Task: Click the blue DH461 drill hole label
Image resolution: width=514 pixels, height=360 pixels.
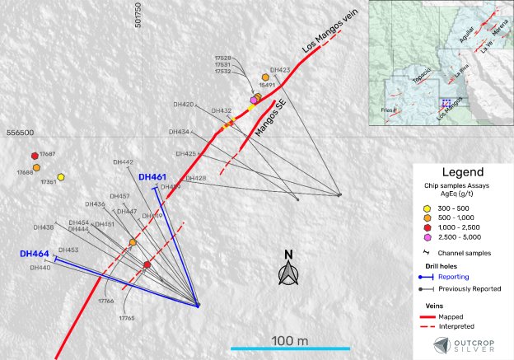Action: [152, 177]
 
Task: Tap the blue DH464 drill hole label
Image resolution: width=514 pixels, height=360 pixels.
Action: [35, 254]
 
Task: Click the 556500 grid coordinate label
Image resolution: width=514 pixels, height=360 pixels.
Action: [21, 133]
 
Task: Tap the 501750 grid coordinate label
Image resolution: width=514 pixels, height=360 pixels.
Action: [138, 17]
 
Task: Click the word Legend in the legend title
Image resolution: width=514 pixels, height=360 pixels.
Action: [461, 173]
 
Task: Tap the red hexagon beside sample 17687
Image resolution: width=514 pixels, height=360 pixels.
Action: [35, 155]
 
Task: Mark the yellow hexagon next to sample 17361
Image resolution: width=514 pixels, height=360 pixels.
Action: [62, 176]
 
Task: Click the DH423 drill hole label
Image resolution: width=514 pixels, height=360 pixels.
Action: [279, 71]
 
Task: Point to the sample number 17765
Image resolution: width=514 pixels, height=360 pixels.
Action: [127, 317]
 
